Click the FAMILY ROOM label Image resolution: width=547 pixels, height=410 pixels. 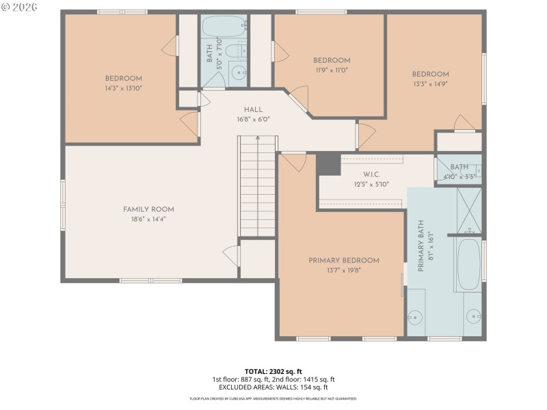pyautogui.click(x=148, y=209)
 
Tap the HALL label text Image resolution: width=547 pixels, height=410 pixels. pyautogui.click(x=253, y=109)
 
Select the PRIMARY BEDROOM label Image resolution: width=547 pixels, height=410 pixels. pyautogui.click(x=343, y=260)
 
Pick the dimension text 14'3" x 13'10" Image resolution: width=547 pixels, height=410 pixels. pyautogui.click(x=124, y=87)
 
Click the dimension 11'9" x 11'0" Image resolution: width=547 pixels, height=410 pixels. pyautogui.click(x=332, y=70)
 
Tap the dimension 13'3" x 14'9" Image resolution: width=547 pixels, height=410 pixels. pyautogui.click(x=430, y=84)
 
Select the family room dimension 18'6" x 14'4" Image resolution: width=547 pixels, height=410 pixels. pyautogui.click(x=148, y=219)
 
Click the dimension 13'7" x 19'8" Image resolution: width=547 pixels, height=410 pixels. pyautogui.click(x=343, y=270)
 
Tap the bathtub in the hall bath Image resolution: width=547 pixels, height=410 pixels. pyautogui.click(x=223, y=27)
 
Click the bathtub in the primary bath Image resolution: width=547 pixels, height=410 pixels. pyautogui.click(x=468, y=264)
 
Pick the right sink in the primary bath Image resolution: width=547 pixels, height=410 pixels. pyautogui.click(x=473, y=317)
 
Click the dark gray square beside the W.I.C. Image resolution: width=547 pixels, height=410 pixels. pyautogui.click(x=329, y=164)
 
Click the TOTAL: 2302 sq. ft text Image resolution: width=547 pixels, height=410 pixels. pyautogui.click(x=273, y=371)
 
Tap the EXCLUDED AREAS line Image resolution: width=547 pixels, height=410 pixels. pyautogui.click(x=273, y=387)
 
